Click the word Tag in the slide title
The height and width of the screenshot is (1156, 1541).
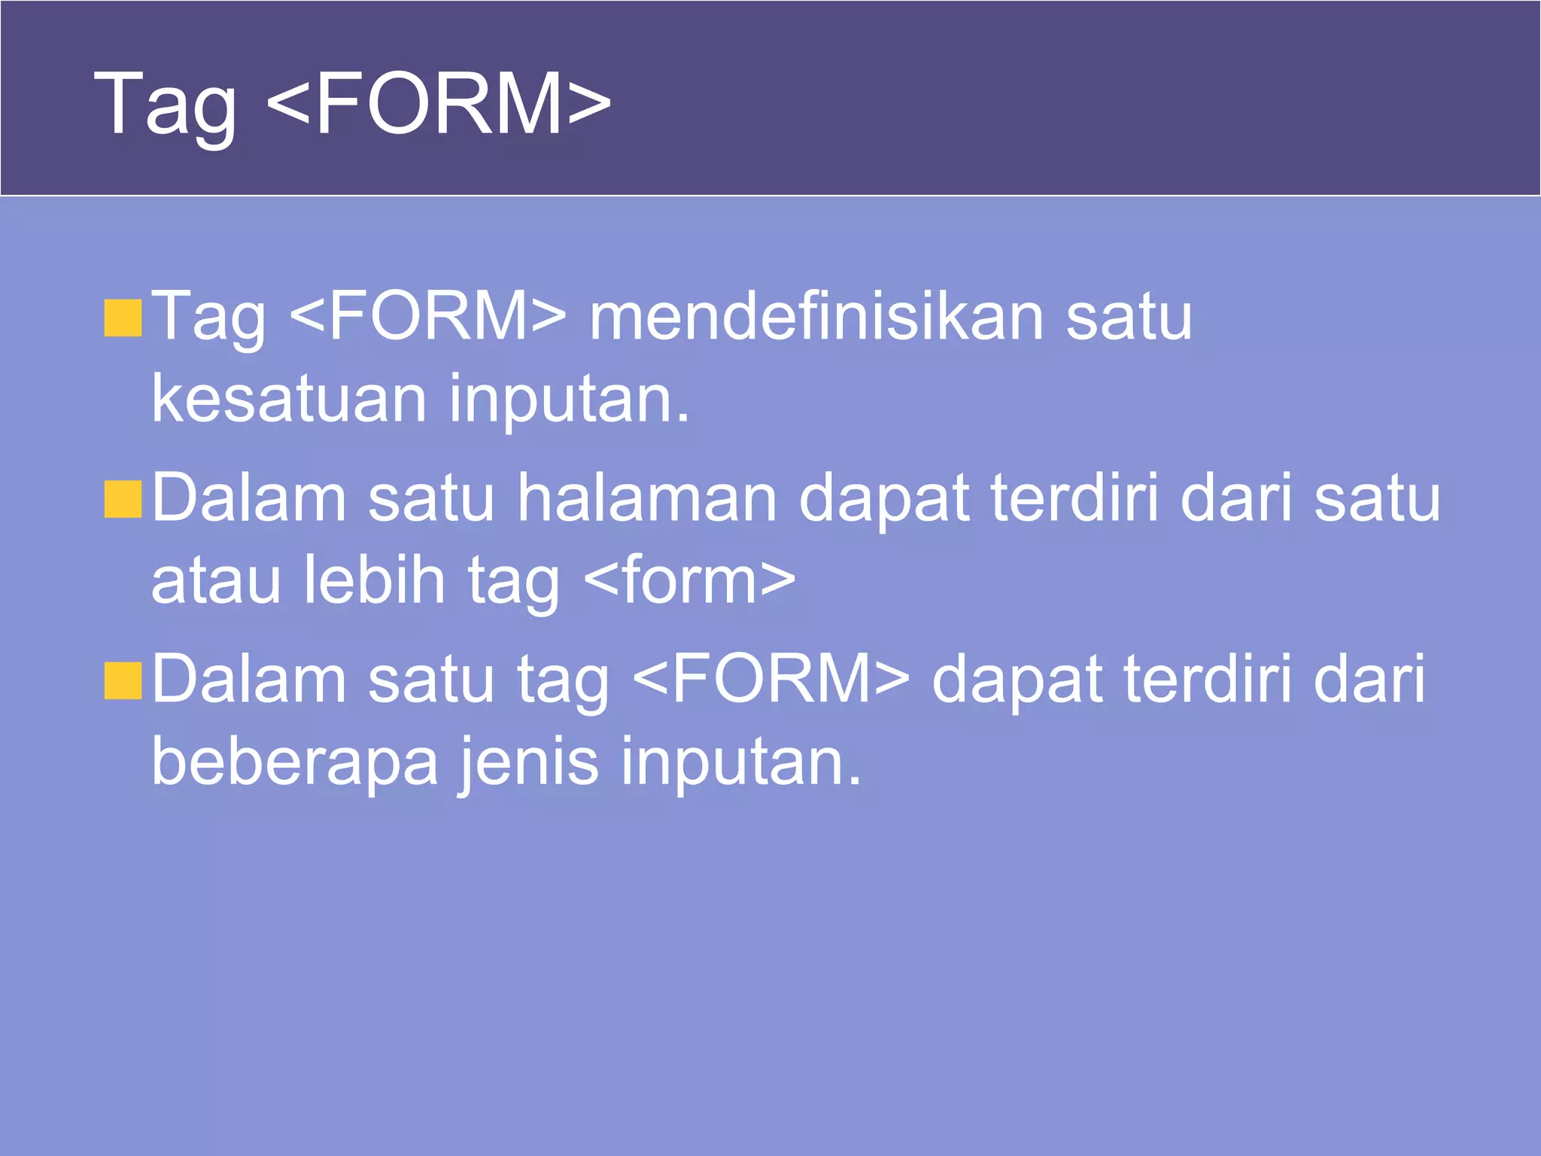point(164,105)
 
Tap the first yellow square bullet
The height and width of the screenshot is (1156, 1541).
point(123,318)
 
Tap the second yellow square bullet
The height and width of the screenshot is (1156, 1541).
point(123,500)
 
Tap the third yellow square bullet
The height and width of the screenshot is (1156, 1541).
point(123,681)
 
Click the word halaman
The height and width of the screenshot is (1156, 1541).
point(646,498)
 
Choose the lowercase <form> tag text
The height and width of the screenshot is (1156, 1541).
point(688,581)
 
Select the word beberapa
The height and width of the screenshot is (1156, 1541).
point(294,762)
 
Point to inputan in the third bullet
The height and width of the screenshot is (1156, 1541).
point(740,762)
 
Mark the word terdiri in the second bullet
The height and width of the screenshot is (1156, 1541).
point(1074,498)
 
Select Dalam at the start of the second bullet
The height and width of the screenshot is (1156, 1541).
point(249,498)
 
